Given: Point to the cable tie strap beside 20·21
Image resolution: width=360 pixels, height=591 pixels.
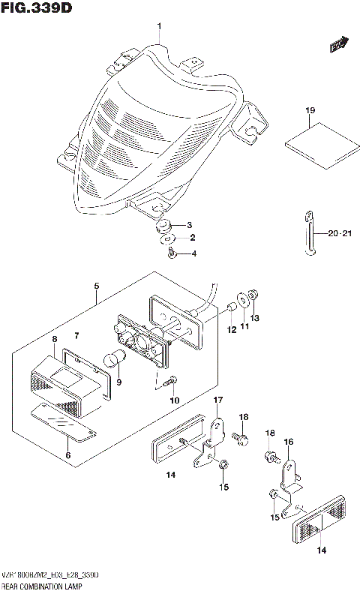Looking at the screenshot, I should click(x=310, y=234).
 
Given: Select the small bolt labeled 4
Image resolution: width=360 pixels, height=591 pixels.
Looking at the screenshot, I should click(x=172, y=255).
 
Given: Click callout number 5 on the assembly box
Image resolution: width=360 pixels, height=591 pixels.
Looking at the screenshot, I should click(x=96, y=286).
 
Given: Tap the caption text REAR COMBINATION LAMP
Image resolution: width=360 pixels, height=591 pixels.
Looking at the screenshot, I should click(x=42, y=583).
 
